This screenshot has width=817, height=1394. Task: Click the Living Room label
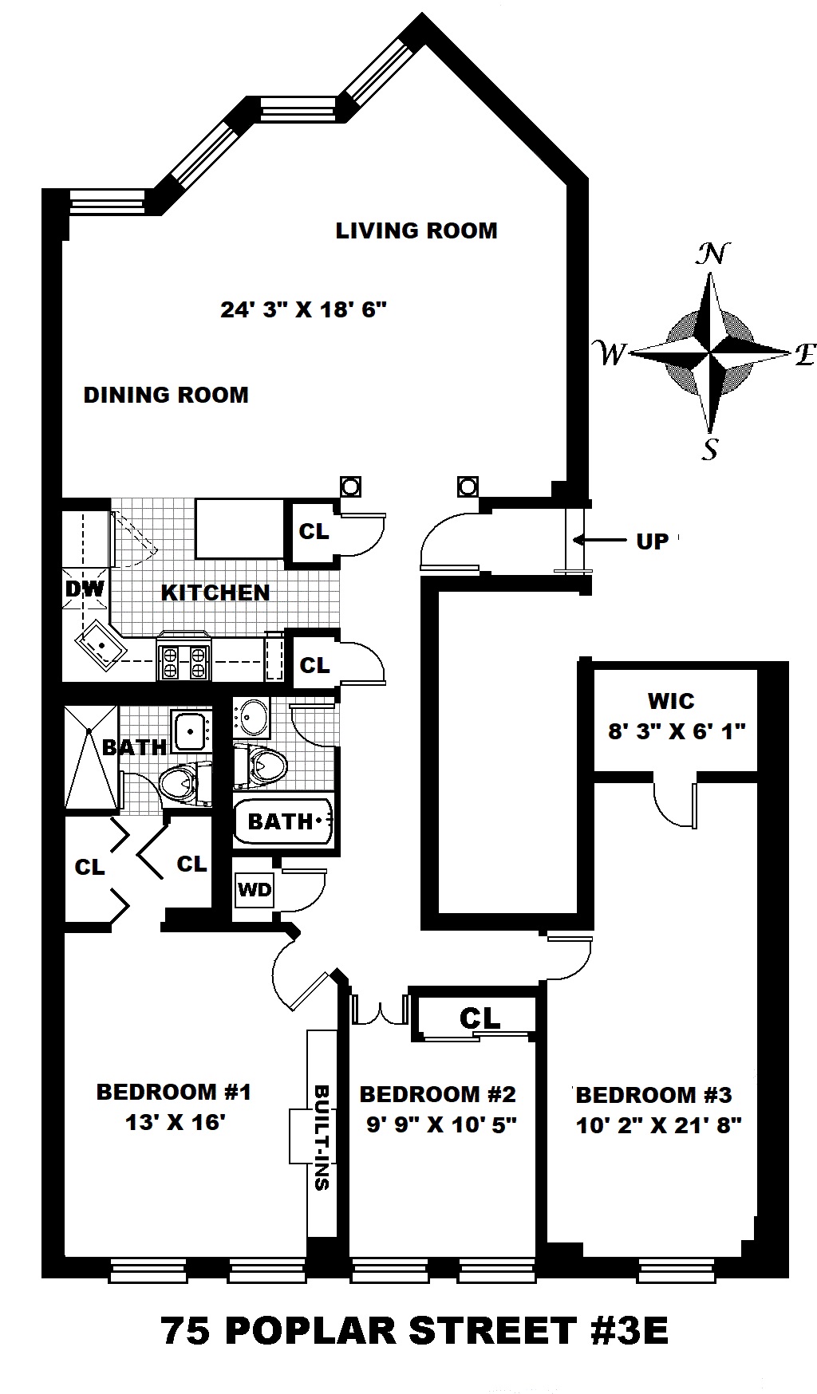pos(416,230)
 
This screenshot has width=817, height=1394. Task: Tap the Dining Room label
pos(166,395)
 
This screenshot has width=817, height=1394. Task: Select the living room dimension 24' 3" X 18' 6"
pos(303,309)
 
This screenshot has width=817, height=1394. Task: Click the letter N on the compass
pos(712,254)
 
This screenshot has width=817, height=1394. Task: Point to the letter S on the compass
pos(709,451)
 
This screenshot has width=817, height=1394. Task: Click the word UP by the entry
pos(652,541)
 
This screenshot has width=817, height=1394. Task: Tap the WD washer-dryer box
pos(255,889)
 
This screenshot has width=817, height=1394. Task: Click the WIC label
pos(671,702)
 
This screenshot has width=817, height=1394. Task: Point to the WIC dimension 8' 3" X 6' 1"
pos(677,731)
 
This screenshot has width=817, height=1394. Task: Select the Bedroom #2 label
pos(437,1093)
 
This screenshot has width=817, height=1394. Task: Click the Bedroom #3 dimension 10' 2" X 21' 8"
pos(659,1125)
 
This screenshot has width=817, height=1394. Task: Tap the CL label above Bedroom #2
pos(480,1018)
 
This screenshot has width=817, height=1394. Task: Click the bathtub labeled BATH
pos(282,821)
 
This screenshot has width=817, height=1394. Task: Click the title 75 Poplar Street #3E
pos(415,1330)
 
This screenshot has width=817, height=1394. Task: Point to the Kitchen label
pos(215,593)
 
